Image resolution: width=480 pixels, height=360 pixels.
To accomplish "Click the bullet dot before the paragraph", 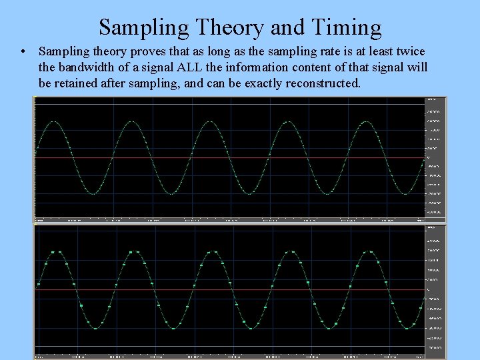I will (x=23, y=51).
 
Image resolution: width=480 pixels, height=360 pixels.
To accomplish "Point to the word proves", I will (x=166, y=51).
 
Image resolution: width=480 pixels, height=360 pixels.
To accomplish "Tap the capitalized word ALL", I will (x=200, y=67).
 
